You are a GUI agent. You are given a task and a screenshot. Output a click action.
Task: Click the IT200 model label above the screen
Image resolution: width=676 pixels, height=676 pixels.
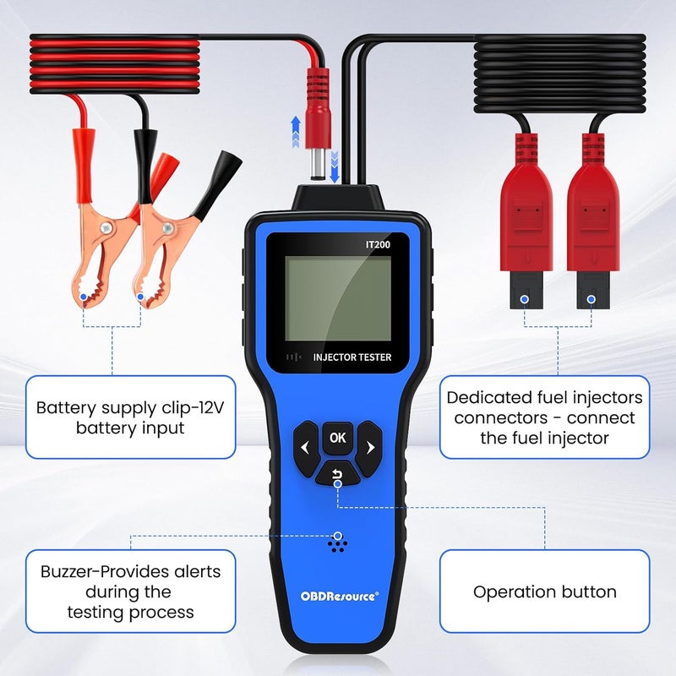[379, 244]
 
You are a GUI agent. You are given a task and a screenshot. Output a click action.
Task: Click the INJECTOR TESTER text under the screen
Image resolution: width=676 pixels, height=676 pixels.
[352, 357]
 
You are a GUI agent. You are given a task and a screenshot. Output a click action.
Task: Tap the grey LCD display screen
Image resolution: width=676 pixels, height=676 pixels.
[337, 297]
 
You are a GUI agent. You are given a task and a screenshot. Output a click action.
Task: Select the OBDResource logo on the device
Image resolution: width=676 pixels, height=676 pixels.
[340, 595]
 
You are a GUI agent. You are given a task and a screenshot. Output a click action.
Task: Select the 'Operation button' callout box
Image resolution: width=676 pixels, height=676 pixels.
[543, 591]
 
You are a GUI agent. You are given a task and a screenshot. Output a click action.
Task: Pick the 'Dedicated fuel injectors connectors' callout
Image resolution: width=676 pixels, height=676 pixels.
[543, 417]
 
